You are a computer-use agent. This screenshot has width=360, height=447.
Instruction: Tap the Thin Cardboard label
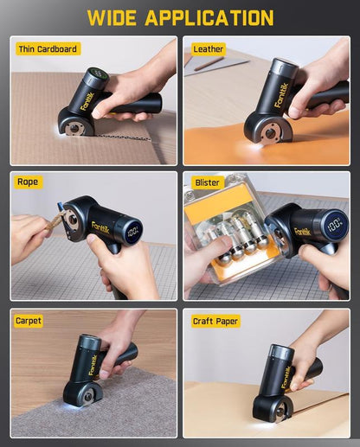[48, 49]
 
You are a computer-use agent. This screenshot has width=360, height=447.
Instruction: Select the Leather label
[209, 49]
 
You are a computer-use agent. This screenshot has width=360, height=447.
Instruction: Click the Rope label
[29, 182]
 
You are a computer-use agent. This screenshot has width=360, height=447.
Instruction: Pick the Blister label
[209, 182]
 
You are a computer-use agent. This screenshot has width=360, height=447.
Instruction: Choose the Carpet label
[29, 321]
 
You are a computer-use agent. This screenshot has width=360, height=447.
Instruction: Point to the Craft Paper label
[215, 321]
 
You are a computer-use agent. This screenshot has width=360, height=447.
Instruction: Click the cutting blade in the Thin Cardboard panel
[76, 127]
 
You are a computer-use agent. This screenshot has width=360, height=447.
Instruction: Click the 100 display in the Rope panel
[132, 232]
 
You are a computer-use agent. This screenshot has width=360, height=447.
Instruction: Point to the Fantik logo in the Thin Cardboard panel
[88, 100]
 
